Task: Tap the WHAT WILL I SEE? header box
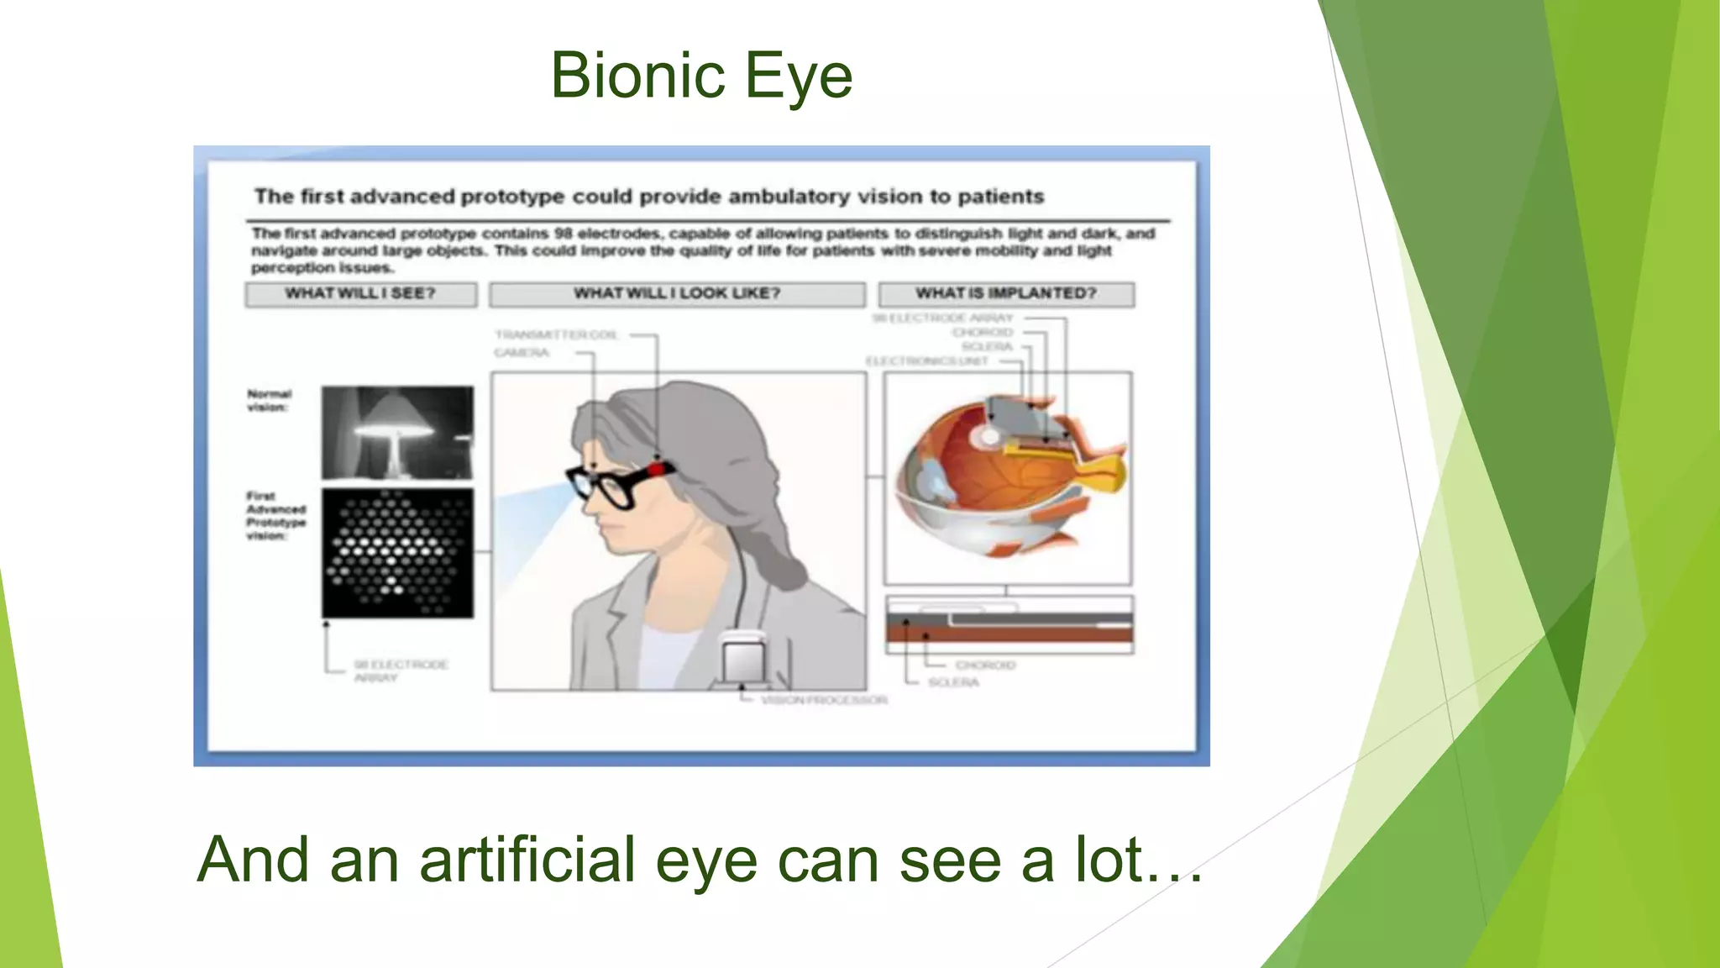(361, 293)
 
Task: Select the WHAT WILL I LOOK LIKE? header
(677, 293)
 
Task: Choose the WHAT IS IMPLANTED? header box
(1006, 293)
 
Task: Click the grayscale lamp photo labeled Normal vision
(397, 433)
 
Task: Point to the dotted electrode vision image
(397, 553)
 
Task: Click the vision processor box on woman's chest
(744, 660)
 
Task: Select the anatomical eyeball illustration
(1008, 475)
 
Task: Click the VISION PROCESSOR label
(824, 700)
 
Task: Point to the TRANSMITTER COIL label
(556, 334)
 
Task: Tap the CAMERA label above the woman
(522, 353)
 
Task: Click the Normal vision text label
(269, 400)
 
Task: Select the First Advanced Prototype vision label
(275, 515)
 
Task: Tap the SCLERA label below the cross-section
(953, 682)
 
